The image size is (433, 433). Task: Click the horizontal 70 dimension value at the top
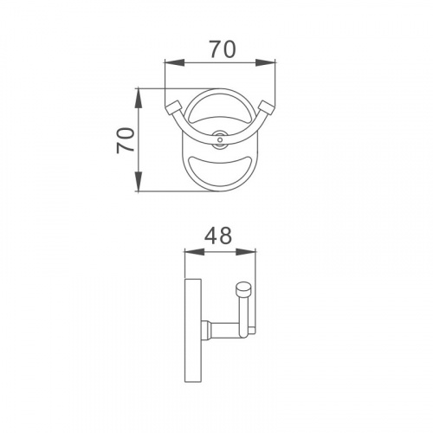pos(223,49)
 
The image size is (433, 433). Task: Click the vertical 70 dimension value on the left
pos(126,140)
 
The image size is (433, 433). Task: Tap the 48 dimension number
pos(218,236)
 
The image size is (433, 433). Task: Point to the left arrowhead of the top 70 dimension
pos(174,62)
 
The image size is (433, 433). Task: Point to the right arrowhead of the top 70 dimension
pos(265,62)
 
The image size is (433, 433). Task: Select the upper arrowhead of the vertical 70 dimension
pos(139,99)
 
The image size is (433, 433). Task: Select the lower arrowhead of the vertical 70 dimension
pos(139,181)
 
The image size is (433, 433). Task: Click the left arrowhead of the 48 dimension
pos(194,252)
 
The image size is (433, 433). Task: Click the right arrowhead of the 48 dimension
pos(246,252)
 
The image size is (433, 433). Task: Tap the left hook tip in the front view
pos(172,107)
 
